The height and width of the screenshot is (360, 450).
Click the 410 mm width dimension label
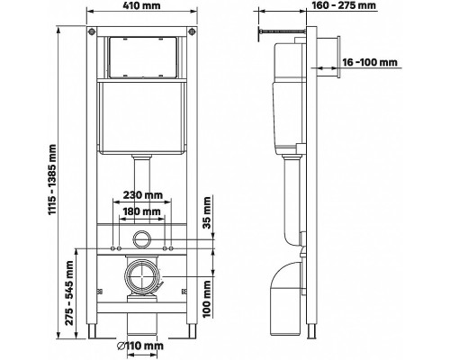[142, 5]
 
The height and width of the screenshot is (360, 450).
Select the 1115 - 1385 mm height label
[52, 179]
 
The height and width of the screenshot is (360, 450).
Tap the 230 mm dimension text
[142, 195]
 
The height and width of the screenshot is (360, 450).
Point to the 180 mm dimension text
[142, 211]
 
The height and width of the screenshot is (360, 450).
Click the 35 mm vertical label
[207, 212]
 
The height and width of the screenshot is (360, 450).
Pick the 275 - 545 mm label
[69, 292]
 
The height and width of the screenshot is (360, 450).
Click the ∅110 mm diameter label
[140, 346]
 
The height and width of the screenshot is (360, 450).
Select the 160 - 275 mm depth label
[344, 5]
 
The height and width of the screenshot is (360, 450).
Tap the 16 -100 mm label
[370, 62]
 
